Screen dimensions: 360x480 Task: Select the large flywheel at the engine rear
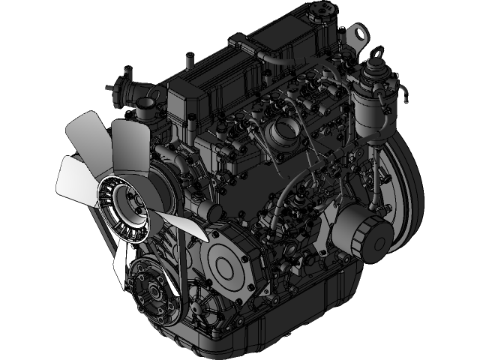coord(401,195)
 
